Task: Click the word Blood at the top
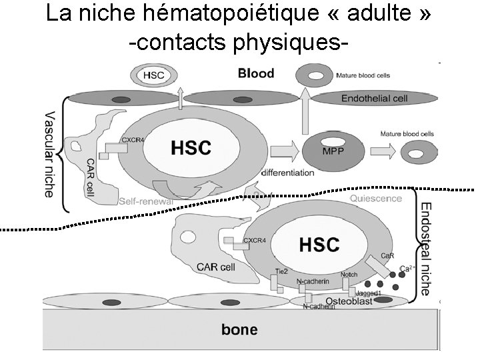(256, 73)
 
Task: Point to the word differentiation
(287, 173)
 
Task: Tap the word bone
(239, 329)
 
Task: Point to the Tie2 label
(281, 272)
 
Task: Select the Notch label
(349, 275)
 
